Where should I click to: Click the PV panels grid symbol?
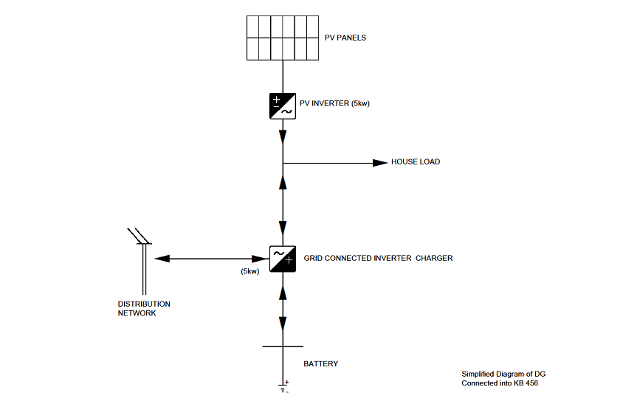tap(283, 38)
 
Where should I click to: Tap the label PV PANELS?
tap(345, 38)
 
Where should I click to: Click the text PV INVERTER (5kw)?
tap(334, 103)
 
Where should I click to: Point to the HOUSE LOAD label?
tap(416, 162)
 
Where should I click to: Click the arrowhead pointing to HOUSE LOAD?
tap(380, 162)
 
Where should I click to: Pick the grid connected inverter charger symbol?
tap(282, 259)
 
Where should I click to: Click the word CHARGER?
tap(434, 259)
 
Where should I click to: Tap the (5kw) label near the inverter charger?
tap(250, 272)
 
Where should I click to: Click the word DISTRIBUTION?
tap(144, 304)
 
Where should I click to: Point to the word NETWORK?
tap(137, 313)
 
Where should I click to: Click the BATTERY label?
tap(321, 364)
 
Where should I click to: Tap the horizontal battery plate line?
tap(282, 346)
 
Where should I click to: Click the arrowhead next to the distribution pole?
tap(162, 259)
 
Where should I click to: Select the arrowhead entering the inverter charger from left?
tap(260, 259)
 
